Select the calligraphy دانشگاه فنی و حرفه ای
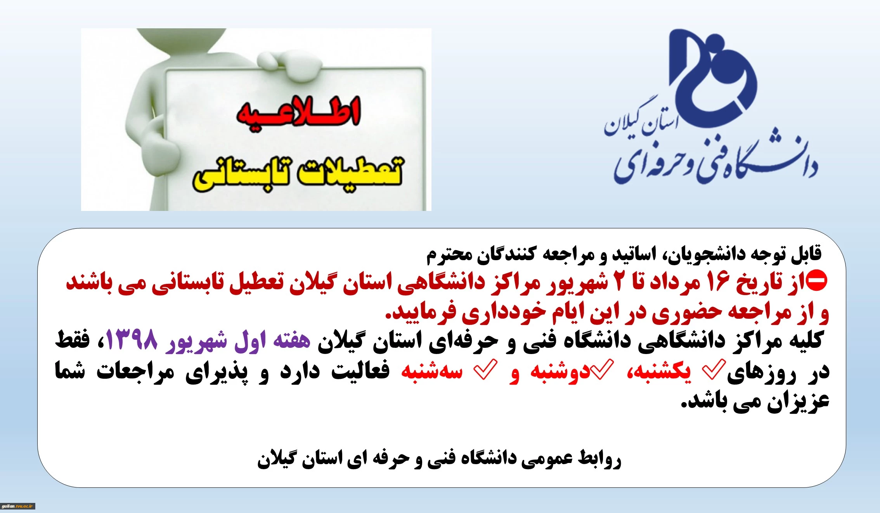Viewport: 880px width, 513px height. click(x=716, y=163)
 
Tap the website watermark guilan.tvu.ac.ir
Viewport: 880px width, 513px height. click(x=18, y=506)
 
